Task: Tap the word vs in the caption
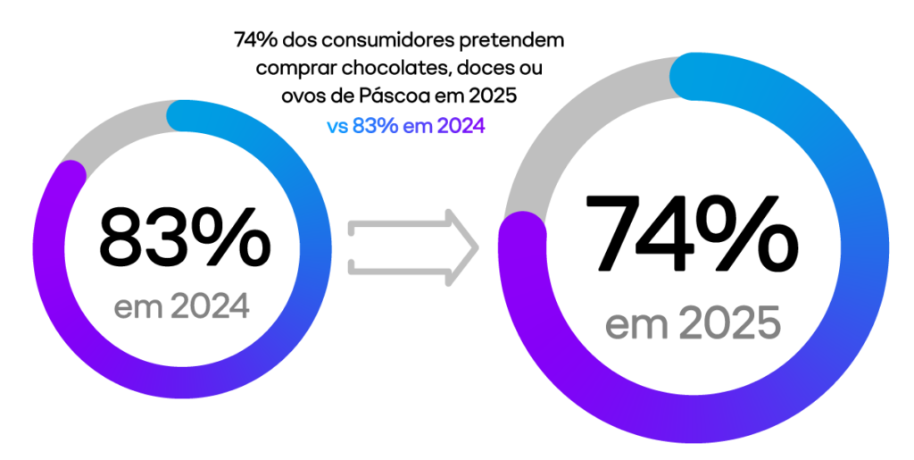pyautogui.click(x=337, y=127)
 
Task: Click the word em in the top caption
pyautogui.click(x=415, y=127)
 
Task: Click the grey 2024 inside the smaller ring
pyautogui.click(x=210, y=307)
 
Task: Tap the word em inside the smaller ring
pyautogui.click(x=137, y=308)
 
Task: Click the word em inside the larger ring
pyautogui.click(x=636, y=324)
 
